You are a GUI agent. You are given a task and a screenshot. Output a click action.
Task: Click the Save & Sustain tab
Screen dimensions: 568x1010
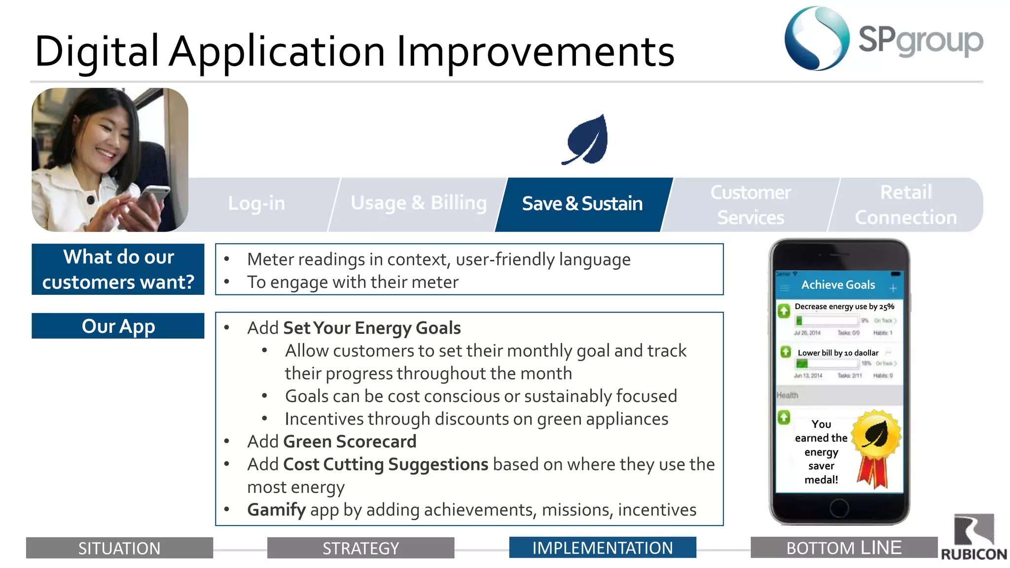(582, 204)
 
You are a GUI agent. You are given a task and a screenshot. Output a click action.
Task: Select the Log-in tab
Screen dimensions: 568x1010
(256, 204)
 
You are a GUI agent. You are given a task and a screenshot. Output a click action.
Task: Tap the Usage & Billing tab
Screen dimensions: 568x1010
(418, 204)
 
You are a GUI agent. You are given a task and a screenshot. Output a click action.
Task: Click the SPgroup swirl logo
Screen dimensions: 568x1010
(817, 38)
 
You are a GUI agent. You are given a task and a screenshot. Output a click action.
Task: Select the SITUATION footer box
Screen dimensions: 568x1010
(119, 548)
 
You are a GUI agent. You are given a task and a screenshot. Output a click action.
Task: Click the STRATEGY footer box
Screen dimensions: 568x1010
(361, 548)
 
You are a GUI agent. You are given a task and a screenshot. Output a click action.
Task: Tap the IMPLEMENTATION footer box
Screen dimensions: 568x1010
(602, 548)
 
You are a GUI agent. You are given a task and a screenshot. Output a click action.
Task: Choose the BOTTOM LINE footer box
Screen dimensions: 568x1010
(843, 548)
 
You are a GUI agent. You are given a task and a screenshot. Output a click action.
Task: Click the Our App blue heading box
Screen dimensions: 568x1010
(118, 326)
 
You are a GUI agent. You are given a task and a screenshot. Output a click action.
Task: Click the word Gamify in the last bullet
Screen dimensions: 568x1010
(276, 510)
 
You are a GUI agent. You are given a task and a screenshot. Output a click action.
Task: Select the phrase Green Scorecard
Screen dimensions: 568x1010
(350, 442)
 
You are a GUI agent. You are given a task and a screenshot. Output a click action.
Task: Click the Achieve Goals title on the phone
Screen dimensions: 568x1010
(838, 285)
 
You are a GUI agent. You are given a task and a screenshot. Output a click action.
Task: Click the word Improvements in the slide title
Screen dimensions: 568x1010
(535, 52)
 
